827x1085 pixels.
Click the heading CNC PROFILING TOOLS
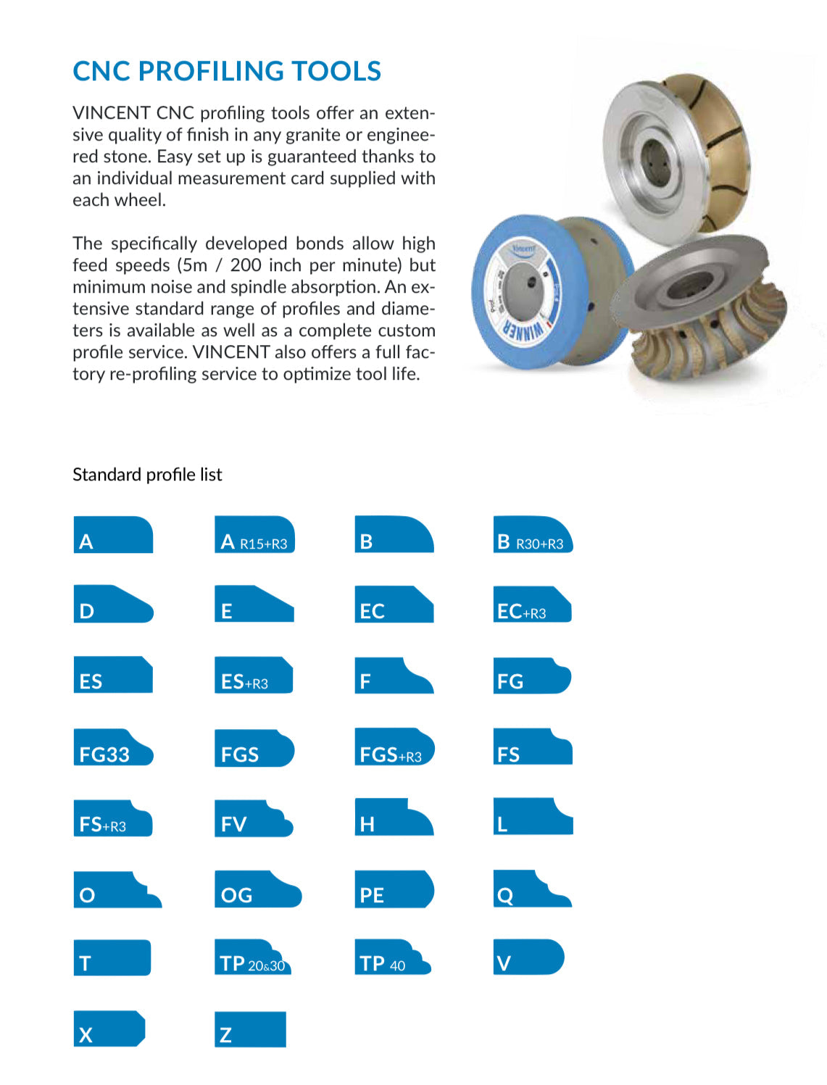click(x=227, y=71)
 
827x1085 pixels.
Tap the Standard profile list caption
click(x=147, y=475)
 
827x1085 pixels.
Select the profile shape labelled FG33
click(x=112, y=748)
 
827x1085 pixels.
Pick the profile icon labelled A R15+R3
click(x=254, y=536)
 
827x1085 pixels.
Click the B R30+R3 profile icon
click(x=533, y=536)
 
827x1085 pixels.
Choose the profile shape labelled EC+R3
click(x=532, y=605)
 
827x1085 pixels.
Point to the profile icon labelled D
click(x=112, y=604)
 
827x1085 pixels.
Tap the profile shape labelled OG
click(x=257, y=890)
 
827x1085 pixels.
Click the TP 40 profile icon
click(x=392, y=958)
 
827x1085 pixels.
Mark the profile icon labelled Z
click(x=250, y=1030)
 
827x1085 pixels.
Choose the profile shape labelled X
click(x=109, y=1029)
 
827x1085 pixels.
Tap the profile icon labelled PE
click(x=395, y=890)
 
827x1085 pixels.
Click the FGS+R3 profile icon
click(x=394, y=748)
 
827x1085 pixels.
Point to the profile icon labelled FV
click(x=252, y=819)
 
